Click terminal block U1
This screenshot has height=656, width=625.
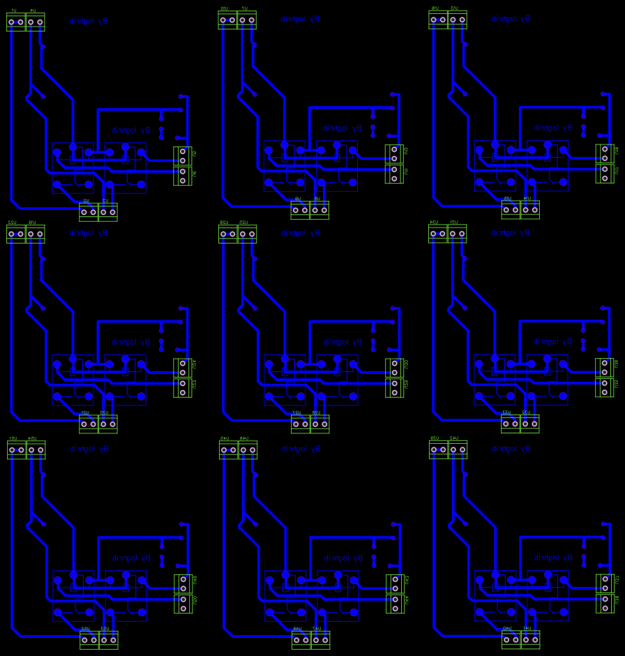tap(16, 22)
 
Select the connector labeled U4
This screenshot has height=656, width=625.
tap(35, 22)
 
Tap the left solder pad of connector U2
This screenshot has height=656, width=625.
tap(84, 211)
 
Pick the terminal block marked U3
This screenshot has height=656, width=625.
tap(107, 211)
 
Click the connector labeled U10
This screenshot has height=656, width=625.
tap(227, 20)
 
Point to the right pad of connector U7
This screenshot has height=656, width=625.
tap(252, 20)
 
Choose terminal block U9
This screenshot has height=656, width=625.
tap(300, 209)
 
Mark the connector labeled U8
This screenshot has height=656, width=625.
tap(319, 209)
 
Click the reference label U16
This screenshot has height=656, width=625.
tap(435, 8)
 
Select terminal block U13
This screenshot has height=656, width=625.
tap(458, 20)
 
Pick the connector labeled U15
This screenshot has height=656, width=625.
tap(511, 209)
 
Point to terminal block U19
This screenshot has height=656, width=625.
tap(35, 234)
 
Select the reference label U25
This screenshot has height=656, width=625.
tap(243, 223)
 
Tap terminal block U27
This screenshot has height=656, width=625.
tap(301, 424)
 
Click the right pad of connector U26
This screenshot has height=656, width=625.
tap(324, 424)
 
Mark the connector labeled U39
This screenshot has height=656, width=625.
tap(438, 449)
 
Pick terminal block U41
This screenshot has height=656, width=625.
tap(530, 640)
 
